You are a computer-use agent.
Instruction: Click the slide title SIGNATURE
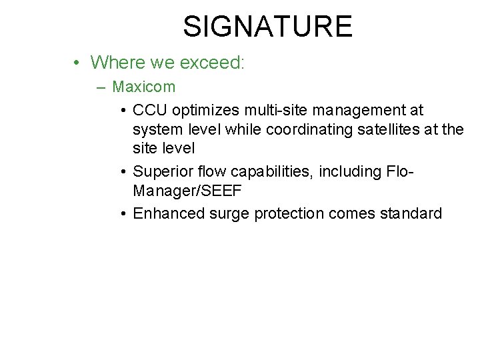(x=267, y=26)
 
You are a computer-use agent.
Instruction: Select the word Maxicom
(x=144, y=87)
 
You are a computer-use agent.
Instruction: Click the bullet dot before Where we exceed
(x=78, y=63)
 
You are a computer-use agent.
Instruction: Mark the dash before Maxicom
(x=101, y=87)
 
